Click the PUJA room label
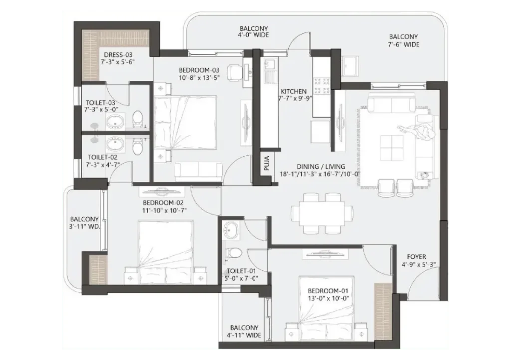(x=267, y=164)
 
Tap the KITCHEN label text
(x=294, y=92)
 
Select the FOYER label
(x=416, y=257)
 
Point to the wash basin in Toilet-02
(x=115, y=144)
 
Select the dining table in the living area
(x=318, y=213)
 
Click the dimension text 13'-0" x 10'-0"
(x=328, y=298)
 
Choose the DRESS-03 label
(x=118, y=55)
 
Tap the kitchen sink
(x=270, y=65)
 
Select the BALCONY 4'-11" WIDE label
(x=245, y=331)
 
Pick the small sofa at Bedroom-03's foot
(x=198, y=171)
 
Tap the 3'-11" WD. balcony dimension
(x=84, y=227)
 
